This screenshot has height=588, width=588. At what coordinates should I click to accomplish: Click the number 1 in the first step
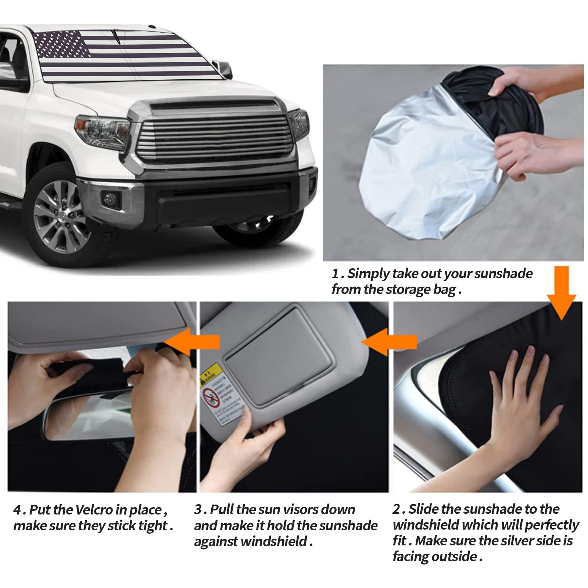tap(335, 274)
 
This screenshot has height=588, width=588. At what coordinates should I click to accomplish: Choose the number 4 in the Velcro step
tap(17, 510)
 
